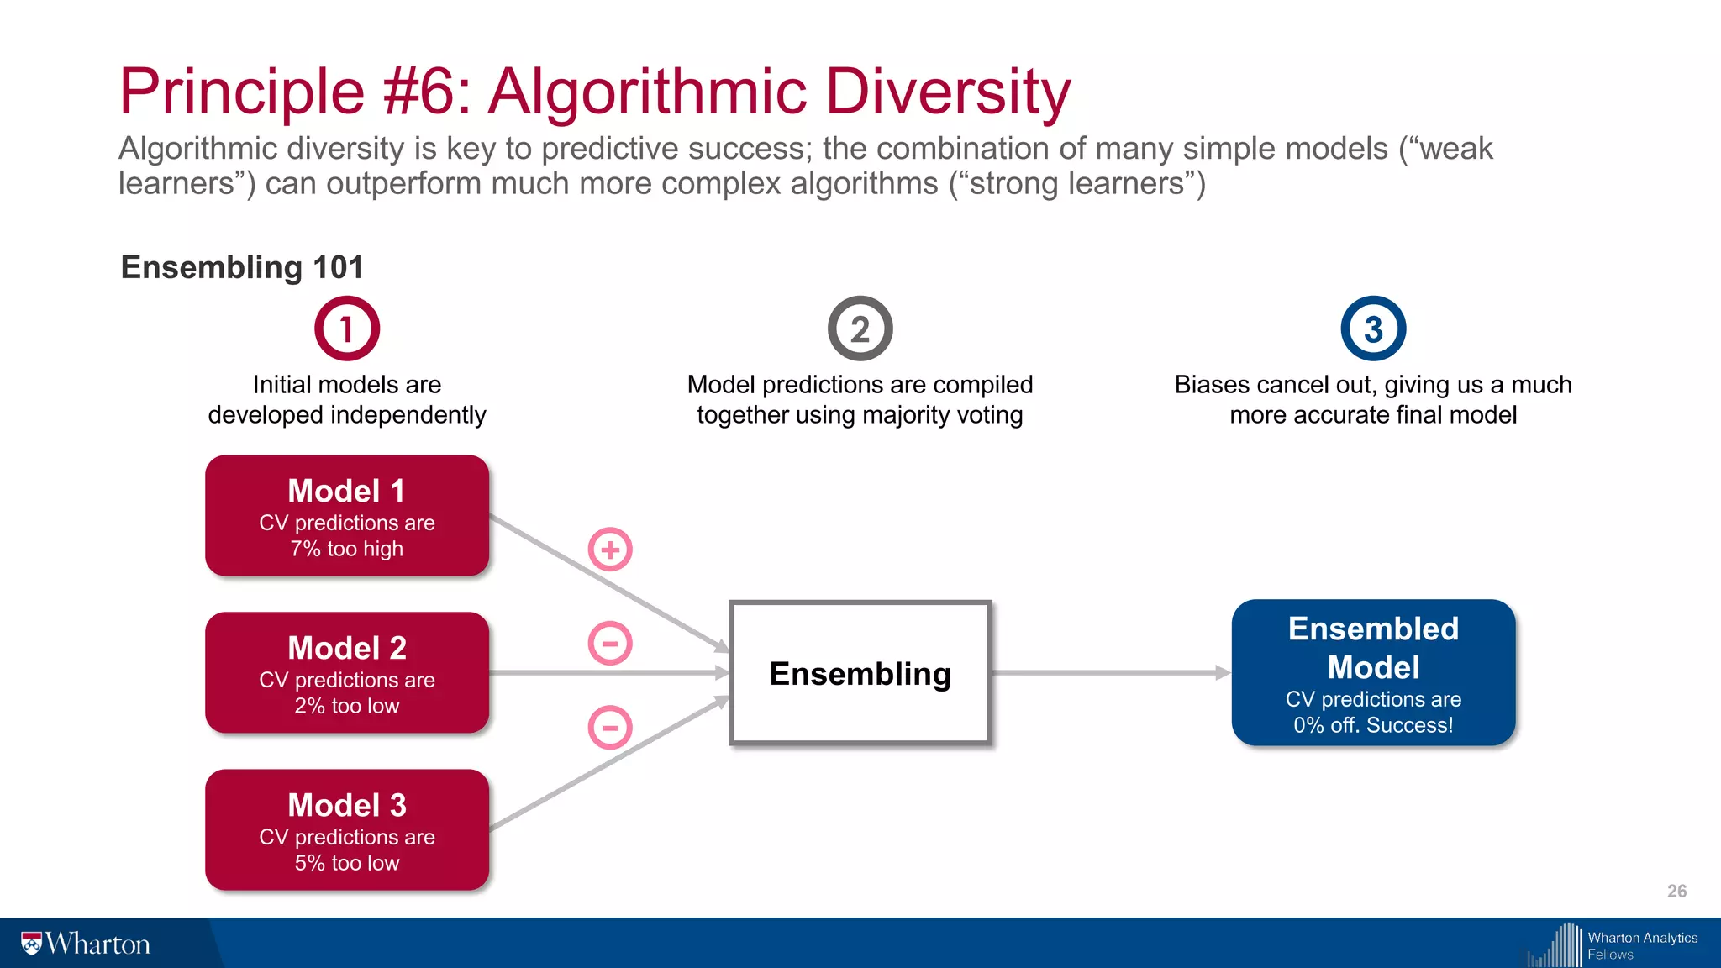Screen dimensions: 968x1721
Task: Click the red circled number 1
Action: [x=347, y=329]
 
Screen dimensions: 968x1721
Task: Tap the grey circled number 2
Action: [x=860, y=329]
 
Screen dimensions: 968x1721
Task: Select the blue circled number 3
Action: [x=1373, y=329]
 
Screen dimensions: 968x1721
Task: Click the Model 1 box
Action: [x=347, y=515]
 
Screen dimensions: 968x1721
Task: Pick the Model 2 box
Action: [x=347, y=672]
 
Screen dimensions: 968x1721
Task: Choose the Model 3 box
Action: [x=347, y=829]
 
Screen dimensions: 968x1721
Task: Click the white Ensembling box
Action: [x=860, y=673]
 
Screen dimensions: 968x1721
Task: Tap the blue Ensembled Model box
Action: [x=1373, y=672]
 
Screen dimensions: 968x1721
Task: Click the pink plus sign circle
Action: [x=610, y=550]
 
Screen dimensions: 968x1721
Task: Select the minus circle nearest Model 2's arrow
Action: [x=610, y=644]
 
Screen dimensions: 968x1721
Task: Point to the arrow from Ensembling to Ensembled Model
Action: [x=1109, y=672]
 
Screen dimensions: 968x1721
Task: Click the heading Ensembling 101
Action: [x=242, y=267]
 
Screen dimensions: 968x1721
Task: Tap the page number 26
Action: [x=1676, y=891]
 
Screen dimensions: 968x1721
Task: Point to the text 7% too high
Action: [x=347, y=549]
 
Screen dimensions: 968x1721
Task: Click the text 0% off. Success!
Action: [x=1373, y=725]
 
